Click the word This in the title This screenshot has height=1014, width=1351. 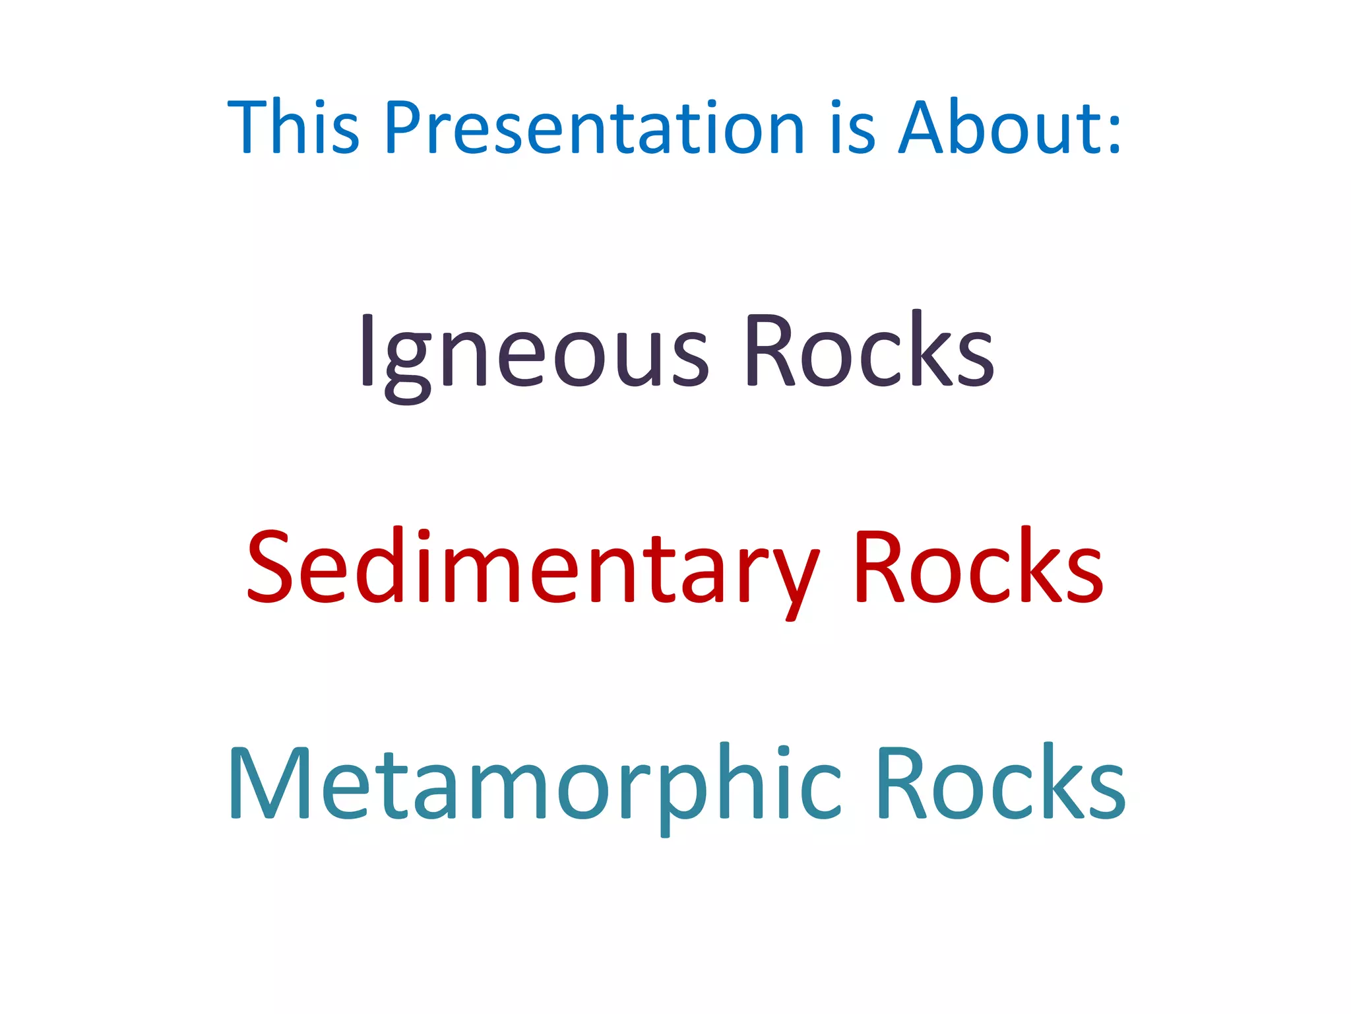coord(293,127)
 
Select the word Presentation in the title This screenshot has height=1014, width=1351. coord(594,127)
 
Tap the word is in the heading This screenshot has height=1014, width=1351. coord(852,127)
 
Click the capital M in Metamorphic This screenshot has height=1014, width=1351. coord(270,783)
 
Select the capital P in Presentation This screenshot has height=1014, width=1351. coord(403,127)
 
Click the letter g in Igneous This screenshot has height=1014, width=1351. coord(407,366)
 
